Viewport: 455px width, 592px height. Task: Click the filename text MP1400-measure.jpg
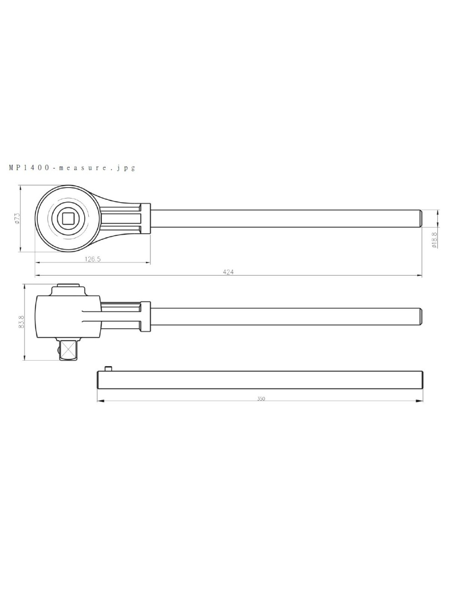point(72,168)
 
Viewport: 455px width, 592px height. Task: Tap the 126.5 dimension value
point(92,259)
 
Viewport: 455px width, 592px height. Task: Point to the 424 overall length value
point(228,272)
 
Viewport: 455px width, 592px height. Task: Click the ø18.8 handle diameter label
point(435,240)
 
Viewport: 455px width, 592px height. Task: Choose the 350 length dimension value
point(261,398)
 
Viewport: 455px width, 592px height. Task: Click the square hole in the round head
point(68,219)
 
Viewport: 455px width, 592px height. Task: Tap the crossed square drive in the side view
point(68,350)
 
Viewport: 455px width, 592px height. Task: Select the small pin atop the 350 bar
point(108,368)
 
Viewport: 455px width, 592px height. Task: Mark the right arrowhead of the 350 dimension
point(420,401)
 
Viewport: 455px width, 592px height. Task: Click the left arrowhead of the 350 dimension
point(101,401)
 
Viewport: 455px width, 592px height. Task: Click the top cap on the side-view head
point(68,287)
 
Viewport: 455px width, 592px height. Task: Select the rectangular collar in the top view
point(145,218)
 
